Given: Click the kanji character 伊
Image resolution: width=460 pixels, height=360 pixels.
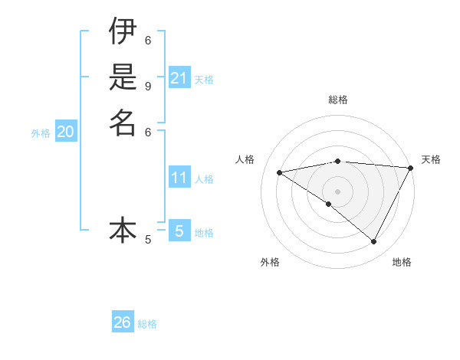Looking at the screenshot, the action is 123,31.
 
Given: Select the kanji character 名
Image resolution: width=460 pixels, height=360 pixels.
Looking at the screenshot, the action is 123,123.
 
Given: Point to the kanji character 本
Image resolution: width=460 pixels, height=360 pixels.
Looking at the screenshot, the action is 123,230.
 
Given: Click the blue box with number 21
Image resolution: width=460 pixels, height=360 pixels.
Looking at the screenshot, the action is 179,78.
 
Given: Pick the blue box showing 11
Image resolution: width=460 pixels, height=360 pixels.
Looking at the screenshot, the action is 179,178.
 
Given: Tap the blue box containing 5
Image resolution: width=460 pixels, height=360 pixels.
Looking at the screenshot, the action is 179,231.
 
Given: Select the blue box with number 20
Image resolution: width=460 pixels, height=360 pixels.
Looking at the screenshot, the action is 66,132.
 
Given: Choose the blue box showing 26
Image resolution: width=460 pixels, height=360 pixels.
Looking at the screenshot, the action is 123,322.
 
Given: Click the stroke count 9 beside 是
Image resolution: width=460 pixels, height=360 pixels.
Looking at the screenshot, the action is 148,86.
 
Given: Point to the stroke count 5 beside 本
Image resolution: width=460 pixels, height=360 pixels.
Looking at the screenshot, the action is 148,240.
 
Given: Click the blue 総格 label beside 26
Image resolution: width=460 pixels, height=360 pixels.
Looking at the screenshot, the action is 148,324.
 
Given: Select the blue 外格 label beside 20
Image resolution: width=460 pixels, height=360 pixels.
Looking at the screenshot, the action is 41,133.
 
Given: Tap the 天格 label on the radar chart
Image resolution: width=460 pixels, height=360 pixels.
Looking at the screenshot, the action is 431,159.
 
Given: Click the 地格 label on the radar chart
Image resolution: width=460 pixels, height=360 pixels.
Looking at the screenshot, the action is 402,262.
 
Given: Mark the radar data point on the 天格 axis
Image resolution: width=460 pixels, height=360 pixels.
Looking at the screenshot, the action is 411,168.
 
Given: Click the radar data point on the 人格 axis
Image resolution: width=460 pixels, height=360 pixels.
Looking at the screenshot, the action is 280,172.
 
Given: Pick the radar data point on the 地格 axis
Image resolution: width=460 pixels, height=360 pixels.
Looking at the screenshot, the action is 374,241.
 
